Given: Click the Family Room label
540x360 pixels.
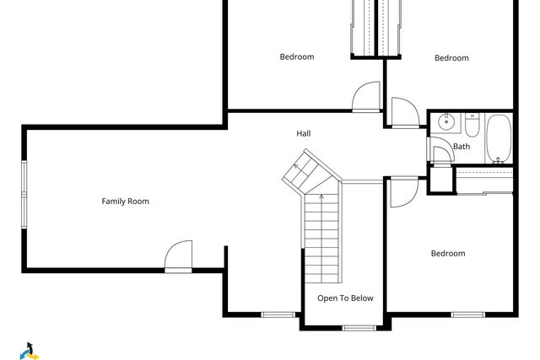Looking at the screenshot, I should point(125,201).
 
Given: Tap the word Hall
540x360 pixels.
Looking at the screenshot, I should point(303,134).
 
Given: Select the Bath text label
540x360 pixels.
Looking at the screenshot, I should point(462,147).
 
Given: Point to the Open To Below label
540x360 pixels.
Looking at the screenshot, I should point(345,298).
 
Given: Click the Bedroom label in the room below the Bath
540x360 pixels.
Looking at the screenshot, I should point(447,254).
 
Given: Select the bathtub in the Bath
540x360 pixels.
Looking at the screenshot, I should point(499,137).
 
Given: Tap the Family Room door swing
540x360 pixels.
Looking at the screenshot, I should point(179,255).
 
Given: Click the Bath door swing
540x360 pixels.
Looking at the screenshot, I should point(440,151).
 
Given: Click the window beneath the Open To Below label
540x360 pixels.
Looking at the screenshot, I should point(359,327).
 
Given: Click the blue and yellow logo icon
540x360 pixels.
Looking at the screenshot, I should point(29,351).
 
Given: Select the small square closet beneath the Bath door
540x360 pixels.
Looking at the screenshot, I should point(440,178).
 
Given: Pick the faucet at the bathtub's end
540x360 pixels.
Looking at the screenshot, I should point(499,159).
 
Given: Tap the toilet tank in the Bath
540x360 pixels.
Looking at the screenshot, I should point(472,116).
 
